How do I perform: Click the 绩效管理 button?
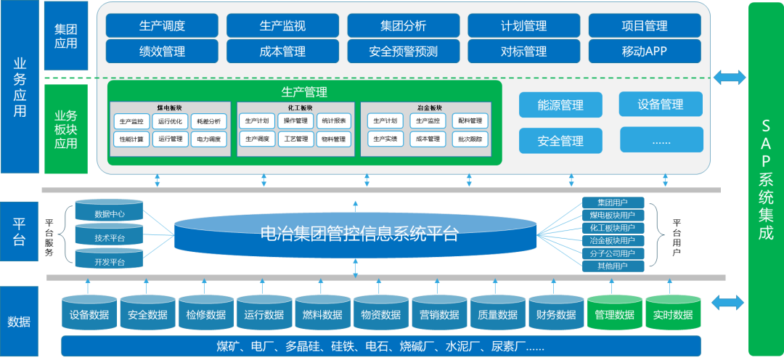coord(162,52)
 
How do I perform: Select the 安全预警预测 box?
coord(403,52)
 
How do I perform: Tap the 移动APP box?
coord(644,52)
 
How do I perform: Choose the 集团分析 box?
coord(403,25)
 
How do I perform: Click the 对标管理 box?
coord(523,52)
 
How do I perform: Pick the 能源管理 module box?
coord(560,105)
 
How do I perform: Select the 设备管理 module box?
coord(661,104)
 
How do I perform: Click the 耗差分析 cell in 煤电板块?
coord(208,121)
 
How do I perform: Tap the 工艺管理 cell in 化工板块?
coord(295,139)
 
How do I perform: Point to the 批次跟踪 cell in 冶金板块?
coord(470,139)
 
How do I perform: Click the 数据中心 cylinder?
coord(110,214)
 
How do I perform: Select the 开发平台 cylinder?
coord(110,261)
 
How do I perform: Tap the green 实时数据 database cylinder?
coord(672,314)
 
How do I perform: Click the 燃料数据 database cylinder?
coord(322,314)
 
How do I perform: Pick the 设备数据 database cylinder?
coord(89,314)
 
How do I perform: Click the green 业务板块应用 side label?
coord(66,128)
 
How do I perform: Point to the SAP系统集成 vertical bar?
coord(765,179)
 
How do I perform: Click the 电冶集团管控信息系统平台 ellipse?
coord(356,234)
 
